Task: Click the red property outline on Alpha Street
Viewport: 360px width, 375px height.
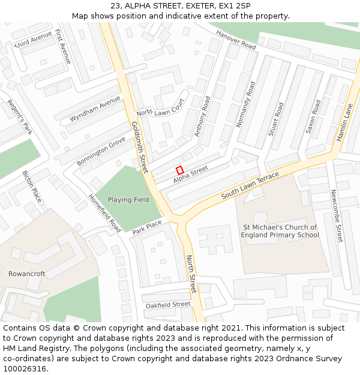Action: (179, 170)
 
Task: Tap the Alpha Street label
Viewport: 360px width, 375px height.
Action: (190, 175)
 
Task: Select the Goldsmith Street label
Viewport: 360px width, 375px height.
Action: (139, 147)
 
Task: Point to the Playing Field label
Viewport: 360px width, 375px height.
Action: (128, 200)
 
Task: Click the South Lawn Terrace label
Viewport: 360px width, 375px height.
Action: (250, 186)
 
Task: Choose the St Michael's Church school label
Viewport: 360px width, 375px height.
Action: (280, 231)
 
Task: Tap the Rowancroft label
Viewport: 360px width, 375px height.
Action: (27, 274)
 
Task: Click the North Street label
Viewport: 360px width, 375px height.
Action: (191, 274)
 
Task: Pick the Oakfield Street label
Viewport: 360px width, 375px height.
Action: (168, 305)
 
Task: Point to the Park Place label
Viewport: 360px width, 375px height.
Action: (147, 227)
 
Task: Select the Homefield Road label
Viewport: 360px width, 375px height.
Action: (104, 213)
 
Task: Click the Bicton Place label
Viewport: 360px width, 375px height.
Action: (32, 187)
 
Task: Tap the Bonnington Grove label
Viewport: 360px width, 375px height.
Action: (101, 151)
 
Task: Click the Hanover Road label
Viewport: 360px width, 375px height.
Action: (236, 41)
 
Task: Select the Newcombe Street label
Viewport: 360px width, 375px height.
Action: (337, 216)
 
